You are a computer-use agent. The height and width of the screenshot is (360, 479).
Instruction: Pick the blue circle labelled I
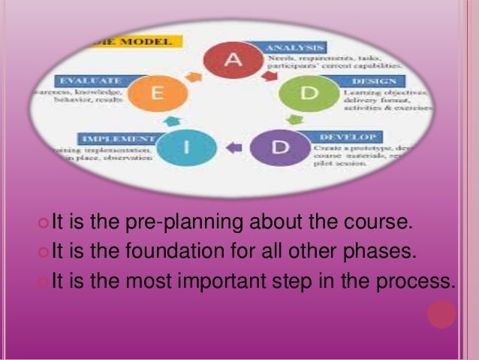[x=188, y=147]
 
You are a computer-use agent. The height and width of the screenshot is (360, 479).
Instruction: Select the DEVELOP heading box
[x=357, y=138]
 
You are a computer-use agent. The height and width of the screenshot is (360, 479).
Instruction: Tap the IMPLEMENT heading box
[x=117, y=139]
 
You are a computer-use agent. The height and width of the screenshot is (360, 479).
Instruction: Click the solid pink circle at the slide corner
[x=442, y=313]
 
